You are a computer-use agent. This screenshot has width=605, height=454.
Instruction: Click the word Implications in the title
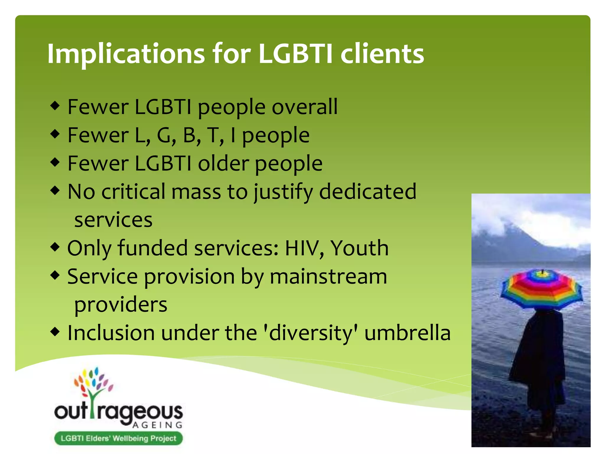pos(126,54)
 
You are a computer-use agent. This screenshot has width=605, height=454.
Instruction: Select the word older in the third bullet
pos(223,163)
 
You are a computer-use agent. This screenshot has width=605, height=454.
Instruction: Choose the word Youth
pos(359,248)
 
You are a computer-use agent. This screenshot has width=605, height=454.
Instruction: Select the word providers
pos(121,305)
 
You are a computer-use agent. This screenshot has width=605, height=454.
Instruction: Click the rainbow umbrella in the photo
pos(541,288)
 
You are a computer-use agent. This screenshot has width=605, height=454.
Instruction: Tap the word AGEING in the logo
pos(157,425)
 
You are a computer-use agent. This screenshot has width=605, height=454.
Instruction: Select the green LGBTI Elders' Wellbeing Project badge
pos(118,438)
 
